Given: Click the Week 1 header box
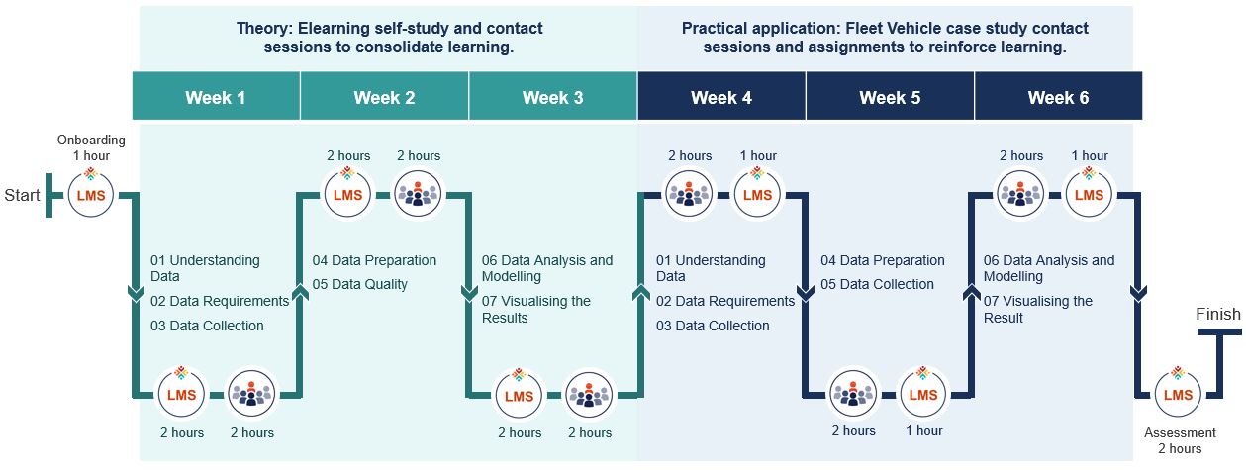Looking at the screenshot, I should tap(216, 97).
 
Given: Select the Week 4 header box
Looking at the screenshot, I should tap(721, 97).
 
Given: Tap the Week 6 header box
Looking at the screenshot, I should tap(1058, 97).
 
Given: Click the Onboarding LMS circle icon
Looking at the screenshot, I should tap(91, 195).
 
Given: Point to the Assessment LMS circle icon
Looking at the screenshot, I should tap(1178, 395).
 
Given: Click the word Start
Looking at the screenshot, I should tap(22, 195).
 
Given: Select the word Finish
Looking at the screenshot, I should tap(1217, 314).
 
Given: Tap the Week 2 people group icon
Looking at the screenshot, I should tap(418, 195).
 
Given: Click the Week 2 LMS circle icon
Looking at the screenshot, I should tap(348, 195).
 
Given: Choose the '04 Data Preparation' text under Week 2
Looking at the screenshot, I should tap(374, 260).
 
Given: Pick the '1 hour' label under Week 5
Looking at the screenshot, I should tap(923, 430).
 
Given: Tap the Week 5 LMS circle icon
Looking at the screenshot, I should tap(923, 395).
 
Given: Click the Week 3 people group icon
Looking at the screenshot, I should tap(589, 395).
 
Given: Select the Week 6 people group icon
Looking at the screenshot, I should tap(1019, 195).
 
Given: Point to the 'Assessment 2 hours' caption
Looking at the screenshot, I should tap(1178, 440).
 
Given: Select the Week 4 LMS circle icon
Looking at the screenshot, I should tap(757, 195).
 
